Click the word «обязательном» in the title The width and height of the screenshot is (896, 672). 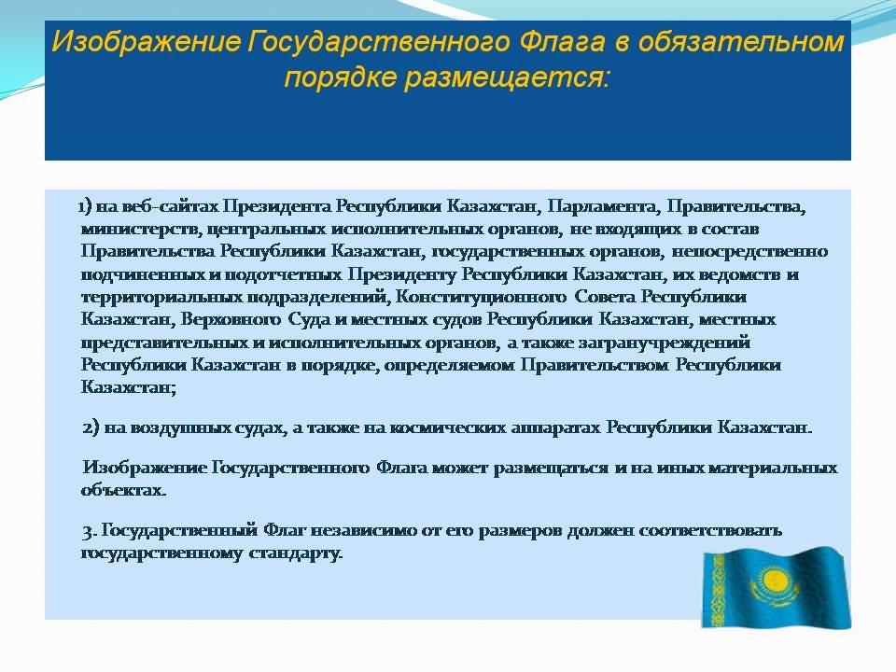tap(740, 42)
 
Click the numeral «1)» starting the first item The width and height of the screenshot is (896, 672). tap(85, 205)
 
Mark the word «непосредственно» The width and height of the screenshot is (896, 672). tap(749, 251)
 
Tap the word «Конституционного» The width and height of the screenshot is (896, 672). tap(482, 297)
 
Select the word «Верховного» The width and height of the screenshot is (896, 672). tap(231, 319)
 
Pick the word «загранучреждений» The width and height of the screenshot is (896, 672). tap(664, 343)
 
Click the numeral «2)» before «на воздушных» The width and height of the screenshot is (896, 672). tap(91, 427)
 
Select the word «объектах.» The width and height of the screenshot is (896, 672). tap(123, 490)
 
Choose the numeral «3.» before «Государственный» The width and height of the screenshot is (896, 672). tap(90, 531)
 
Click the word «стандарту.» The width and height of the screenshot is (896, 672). tap(296, 553)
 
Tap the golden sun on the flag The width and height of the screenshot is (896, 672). tap(773, 582)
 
